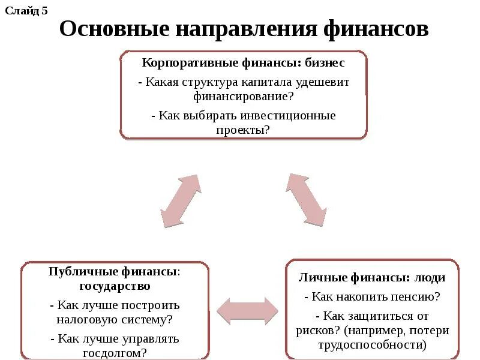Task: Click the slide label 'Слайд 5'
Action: tap(26, 11)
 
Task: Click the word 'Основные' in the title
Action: tap(113, 29)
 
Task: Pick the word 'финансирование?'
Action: tap(243, 95)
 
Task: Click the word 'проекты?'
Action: tap(244, 129)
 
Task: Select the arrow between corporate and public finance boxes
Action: tap(181, 201)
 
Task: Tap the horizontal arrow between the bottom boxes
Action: tap(247, 310)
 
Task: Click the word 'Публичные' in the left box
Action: tap(74, 272)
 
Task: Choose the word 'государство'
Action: tap(115, 286)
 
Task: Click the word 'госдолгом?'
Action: tap(115, 352)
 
